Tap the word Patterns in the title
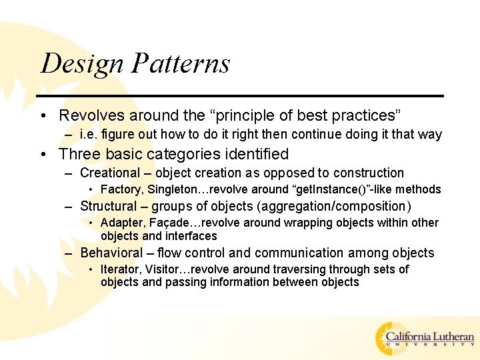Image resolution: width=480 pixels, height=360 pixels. (181, 64)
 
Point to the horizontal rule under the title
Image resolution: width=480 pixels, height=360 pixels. (241, 96)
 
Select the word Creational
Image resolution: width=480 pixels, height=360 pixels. (108, 173)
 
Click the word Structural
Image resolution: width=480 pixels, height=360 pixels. (108, 206)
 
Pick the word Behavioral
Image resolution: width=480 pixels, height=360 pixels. (111, 253)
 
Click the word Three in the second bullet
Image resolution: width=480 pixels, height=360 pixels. (79, 155)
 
